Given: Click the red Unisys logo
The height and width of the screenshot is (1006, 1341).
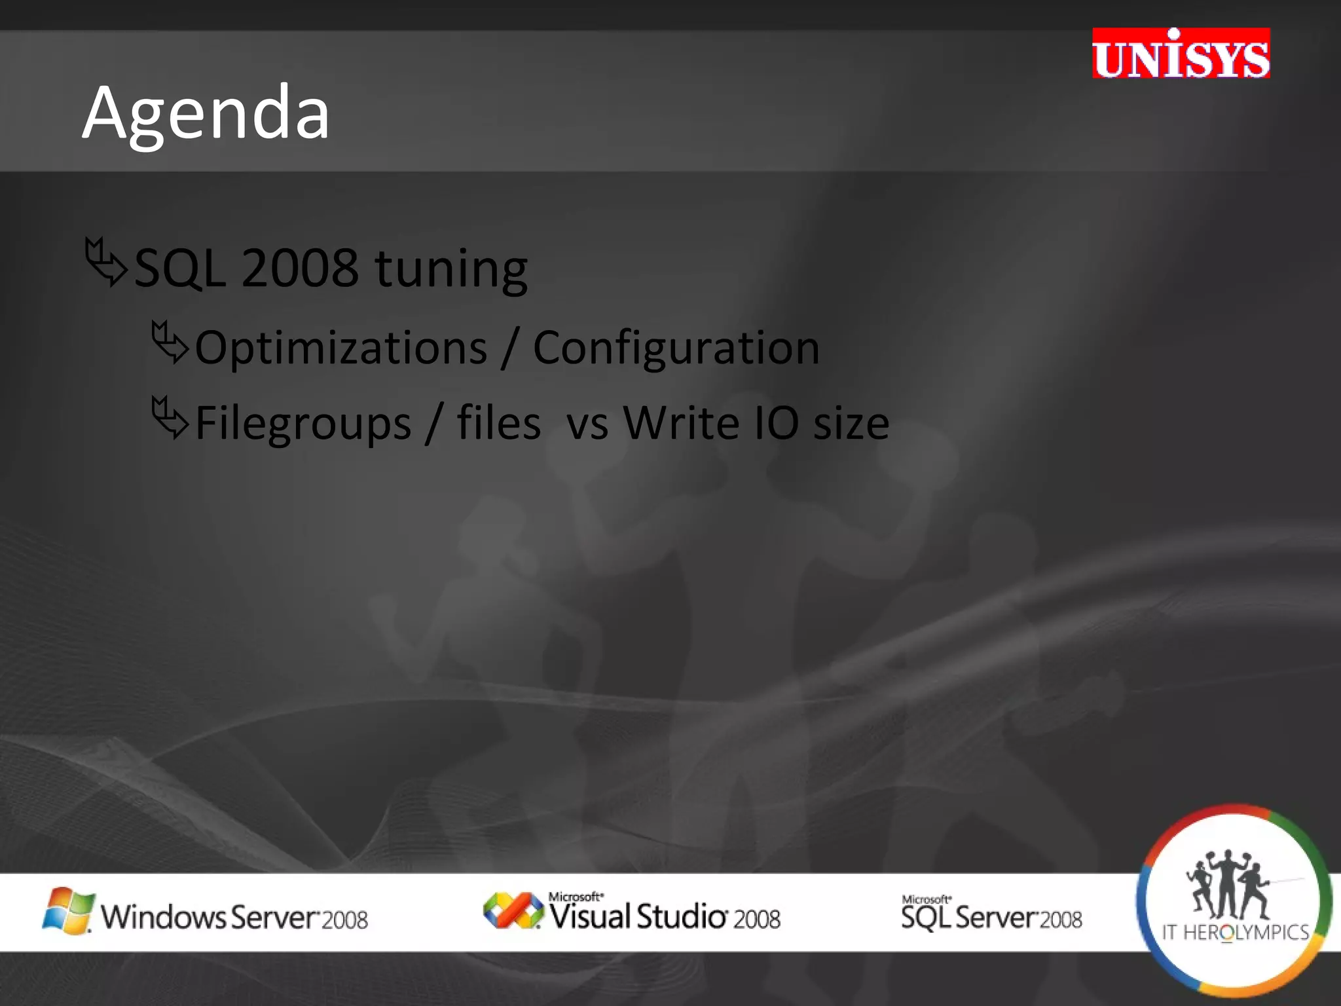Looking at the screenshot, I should click(1181, 54).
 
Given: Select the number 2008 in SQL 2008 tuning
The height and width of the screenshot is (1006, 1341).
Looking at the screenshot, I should click(299, 269).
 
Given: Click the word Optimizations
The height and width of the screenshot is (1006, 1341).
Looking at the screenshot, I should click(340, 348).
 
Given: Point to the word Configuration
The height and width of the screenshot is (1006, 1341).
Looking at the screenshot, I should click(676, 348).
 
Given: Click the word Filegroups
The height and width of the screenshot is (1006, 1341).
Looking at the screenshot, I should click(303, 423).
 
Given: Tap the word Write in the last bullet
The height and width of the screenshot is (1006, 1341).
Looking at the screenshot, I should click(681, 423).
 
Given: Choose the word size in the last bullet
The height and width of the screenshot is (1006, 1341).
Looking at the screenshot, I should click(851, 423).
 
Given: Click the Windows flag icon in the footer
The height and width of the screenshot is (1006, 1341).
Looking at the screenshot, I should click(67, 910).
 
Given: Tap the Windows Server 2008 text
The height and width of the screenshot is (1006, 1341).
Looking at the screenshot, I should click(234, 917).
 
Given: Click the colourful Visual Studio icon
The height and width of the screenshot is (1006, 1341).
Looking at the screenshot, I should click(513, 910).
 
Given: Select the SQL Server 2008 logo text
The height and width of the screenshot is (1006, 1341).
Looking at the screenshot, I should click(991, 916).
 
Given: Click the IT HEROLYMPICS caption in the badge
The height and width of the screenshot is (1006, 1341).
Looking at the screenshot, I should click(1234, 933).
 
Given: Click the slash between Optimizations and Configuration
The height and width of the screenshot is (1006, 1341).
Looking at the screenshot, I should click(509, 348).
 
